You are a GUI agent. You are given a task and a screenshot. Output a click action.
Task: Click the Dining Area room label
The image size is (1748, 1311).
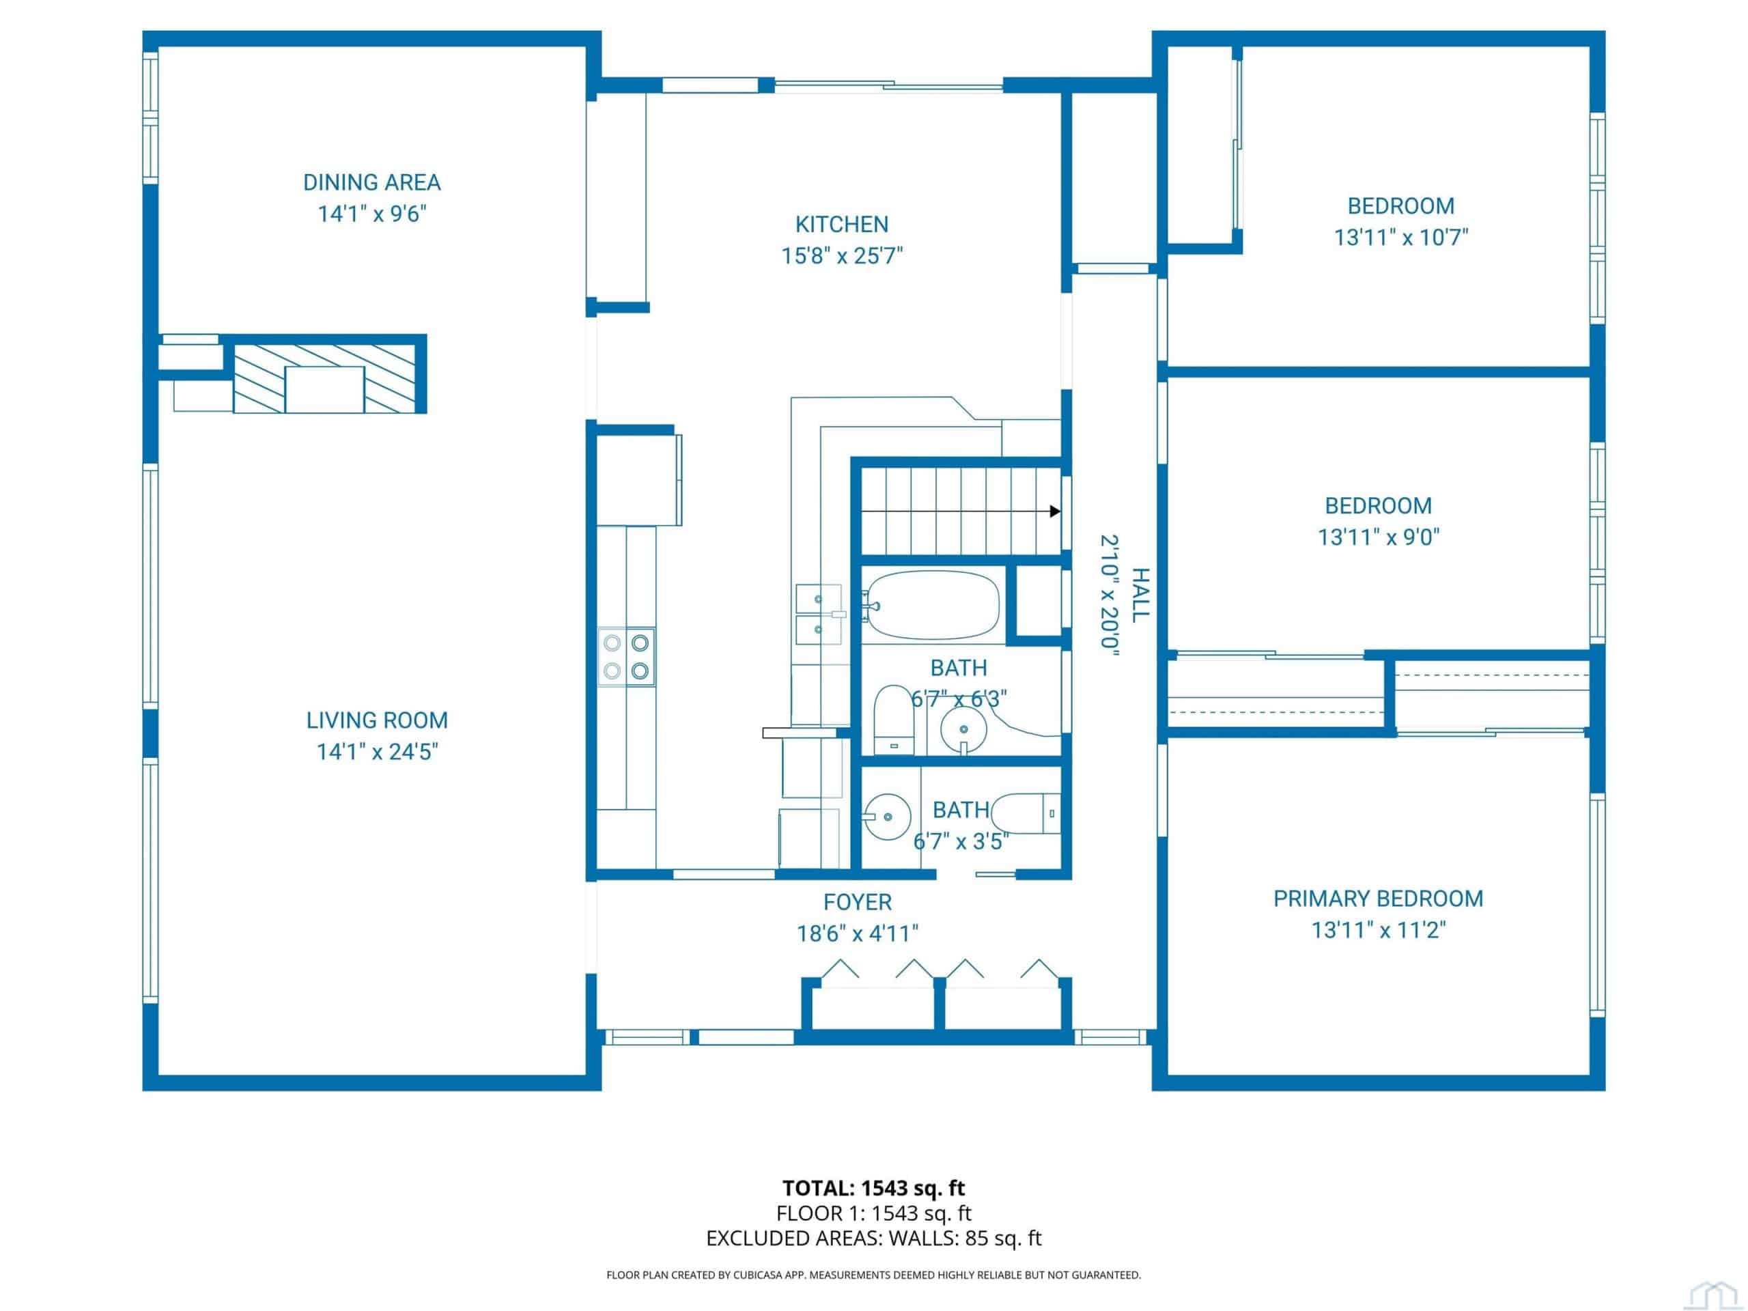tap(371, 182)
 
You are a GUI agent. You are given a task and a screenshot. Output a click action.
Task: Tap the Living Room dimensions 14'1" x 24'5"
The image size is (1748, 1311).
tap(377, 752)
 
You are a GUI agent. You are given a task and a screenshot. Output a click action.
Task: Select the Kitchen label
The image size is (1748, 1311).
tap(842, 225)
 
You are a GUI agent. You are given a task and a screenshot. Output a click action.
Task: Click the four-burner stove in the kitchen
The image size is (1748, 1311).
tap(627, 657)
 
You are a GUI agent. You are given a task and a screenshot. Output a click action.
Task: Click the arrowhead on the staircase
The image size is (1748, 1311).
tap(1054, 511)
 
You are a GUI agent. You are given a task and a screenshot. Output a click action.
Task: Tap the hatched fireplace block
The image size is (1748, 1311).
tap(325, 378)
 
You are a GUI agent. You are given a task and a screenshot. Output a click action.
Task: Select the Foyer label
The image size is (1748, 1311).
tap(858, 903)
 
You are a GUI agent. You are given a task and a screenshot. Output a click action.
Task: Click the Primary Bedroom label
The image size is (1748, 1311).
tap(1378, 899)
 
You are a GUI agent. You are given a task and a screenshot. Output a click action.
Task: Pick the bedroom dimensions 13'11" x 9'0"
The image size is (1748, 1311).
tap(1378, 537)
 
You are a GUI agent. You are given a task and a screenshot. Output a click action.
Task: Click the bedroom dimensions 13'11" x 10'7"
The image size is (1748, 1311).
tap(1401, 237)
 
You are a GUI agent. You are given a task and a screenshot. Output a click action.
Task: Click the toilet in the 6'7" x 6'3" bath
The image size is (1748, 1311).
tap(894, 720)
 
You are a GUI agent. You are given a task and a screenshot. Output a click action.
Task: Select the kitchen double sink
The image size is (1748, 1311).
tap(819, 614)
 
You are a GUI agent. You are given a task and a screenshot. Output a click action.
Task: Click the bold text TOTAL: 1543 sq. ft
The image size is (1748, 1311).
tap(874, 1187)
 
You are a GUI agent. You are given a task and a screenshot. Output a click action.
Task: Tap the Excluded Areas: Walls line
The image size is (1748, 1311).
tap(874, 1239)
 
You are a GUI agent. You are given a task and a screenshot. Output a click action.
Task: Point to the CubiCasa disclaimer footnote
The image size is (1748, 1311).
tap(874, 1275)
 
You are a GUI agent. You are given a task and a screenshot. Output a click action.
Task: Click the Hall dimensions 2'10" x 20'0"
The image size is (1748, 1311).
tap(1110, 593)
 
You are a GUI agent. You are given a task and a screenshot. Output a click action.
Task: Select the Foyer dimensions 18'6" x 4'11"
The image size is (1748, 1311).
tap(858, 934)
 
